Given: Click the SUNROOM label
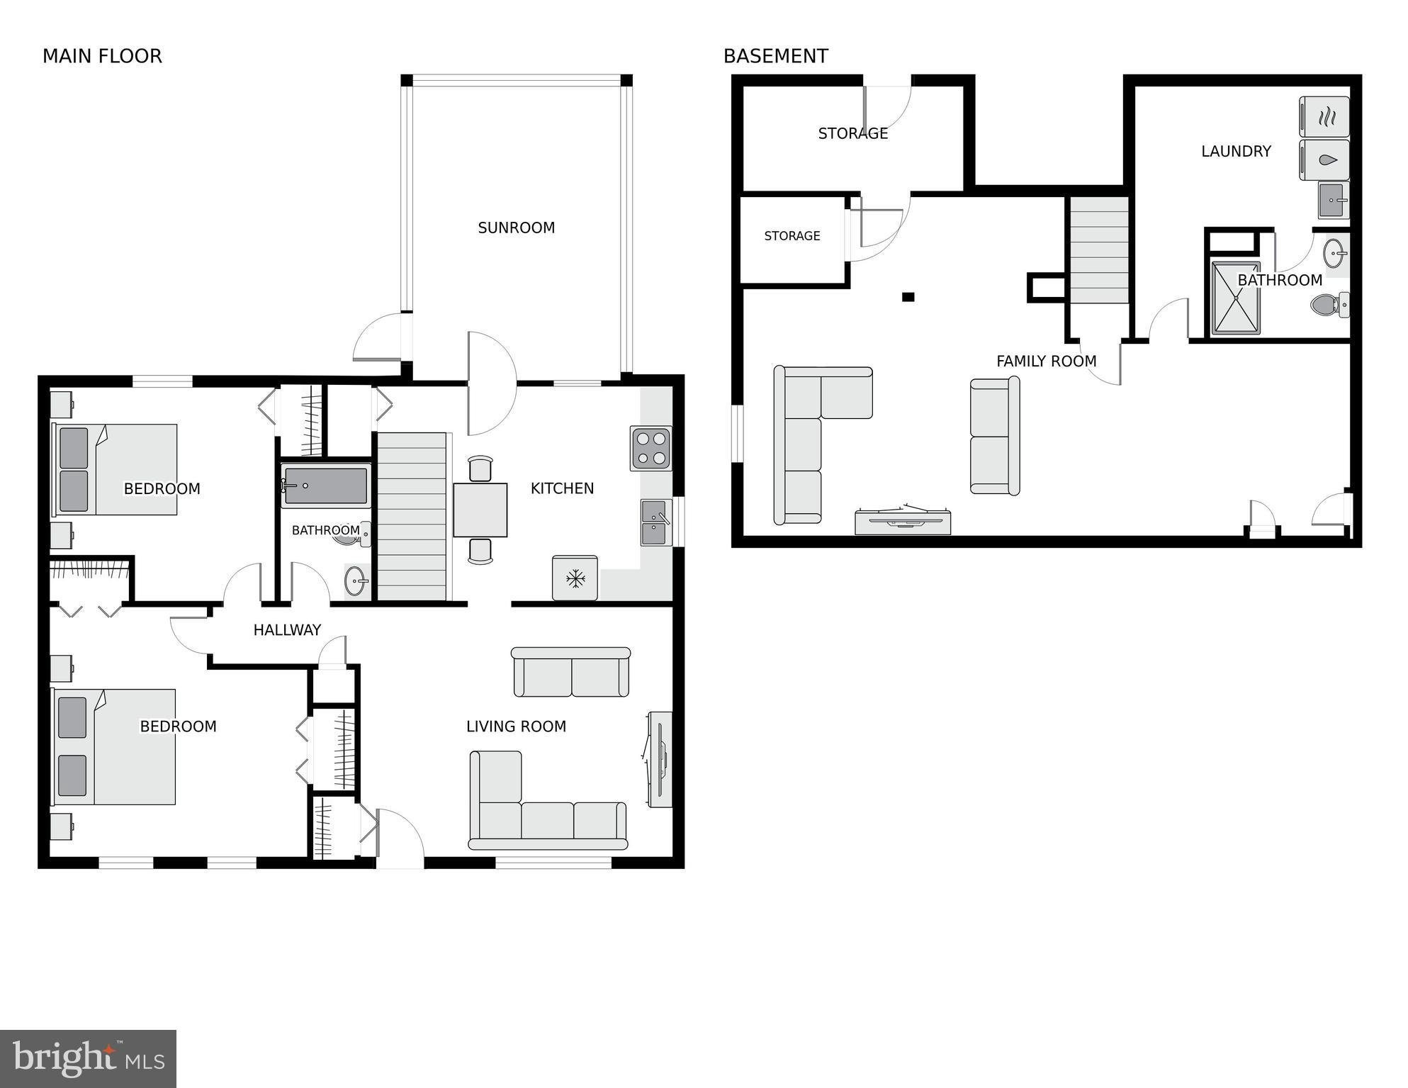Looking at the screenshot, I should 516,228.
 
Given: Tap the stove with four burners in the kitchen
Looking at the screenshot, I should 651,448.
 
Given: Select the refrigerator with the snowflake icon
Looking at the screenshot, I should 575,578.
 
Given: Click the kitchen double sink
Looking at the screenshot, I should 656,522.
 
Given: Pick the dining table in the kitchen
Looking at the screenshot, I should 480,510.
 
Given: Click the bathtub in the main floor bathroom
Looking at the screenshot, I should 326,486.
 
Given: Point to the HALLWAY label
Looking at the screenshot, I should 287,629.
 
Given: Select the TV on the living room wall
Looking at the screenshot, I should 659,759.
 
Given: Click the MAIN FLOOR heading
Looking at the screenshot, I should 102,56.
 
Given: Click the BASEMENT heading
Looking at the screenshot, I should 775,56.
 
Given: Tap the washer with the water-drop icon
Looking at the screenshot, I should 1324,159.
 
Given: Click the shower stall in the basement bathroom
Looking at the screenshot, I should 1236,298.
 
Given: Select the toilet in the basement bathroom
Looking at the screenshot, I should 1329,305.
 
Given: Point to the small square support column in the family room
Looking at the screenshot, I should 908,297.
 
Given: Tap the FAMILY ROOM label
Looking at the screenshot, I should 1046,361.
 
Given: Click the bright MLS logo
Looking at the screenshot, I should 88,1059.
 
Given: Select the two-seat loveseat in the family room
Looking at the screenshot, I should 994,436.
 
